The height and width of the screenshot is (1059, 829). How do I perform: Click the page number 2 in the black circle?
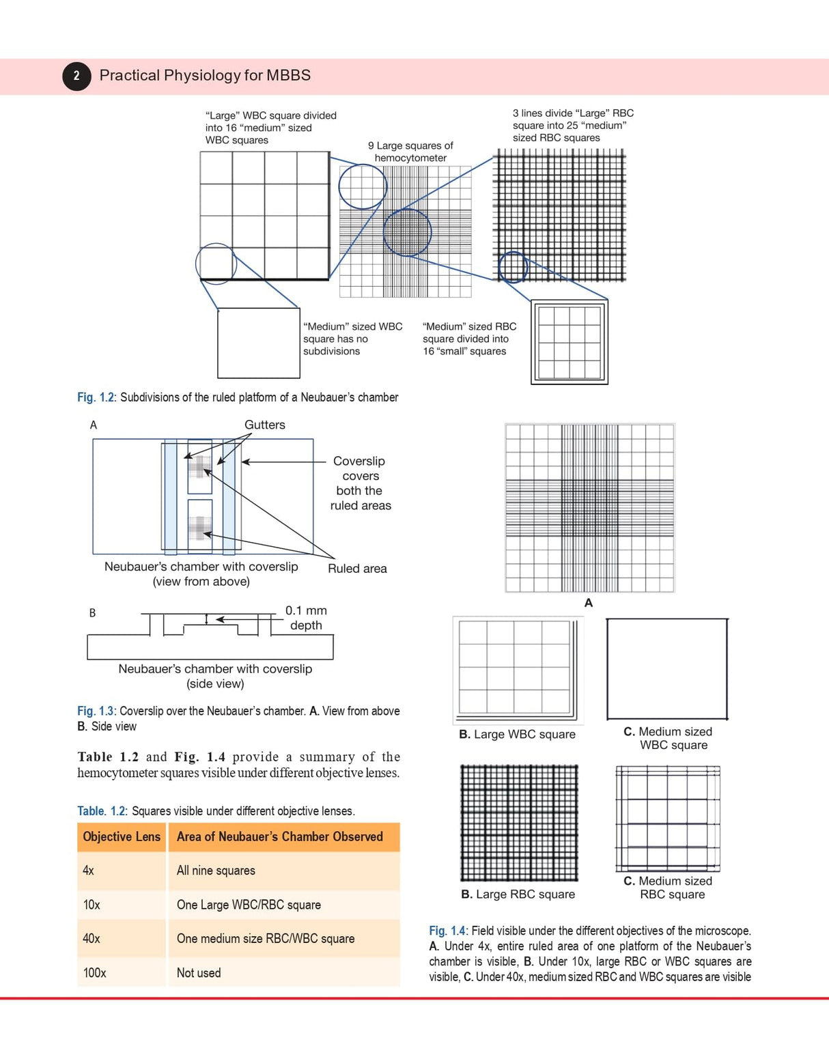click(76, 76)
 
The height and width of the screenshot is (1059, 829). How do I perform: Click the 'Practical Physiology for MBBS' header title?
click(205, 75)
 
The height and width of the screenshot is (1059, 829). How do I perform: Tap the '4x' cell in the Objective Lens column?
click(89, 871)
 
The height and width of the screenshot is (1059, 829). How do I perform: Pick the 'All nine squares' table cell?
click(216, 871)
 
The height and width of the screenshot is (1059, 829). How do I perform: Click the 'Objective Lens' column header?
click(122, 837)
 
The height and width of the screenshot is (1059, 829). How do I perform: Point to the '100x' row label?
click(95, 973)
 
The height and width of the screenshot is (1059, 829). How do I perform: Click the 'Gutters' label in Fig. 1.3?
click(265, 425)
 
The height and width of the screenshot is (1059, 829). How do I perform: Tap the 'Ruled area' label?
click(357, 569)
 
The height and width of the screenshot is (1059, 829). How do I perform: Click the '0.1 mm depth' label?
click(306, 618)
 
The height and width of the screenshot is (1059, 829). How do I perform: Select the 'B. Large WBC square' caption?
click(517, 735)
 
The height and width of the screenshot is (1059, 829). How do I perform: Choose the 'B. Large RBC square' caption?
click(518, 894)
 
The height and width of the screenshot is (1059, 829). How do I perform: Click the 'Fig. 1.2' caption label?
click(96, 397)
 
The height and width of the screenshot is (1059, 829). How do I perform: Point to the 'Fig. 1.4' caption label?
click(447, 931)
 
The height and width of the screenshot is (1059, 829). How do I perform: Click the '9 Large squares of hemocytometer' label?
click(410, 152)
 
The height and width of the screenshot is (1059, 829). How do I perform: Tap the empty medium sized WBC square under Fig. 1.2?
click(259, 343)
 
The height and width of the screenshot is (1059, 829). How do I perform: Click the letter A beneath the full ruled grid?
click(589, 603)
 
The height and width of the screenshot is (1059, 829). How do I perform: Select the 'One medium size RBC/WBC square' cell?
click(266, 939)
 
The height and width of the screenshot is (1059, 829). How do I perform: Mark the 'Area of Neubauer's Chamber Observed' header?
click(280, 837)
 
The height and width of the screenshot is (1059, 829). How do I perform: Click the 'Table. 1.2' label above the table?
click(102, 811)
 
